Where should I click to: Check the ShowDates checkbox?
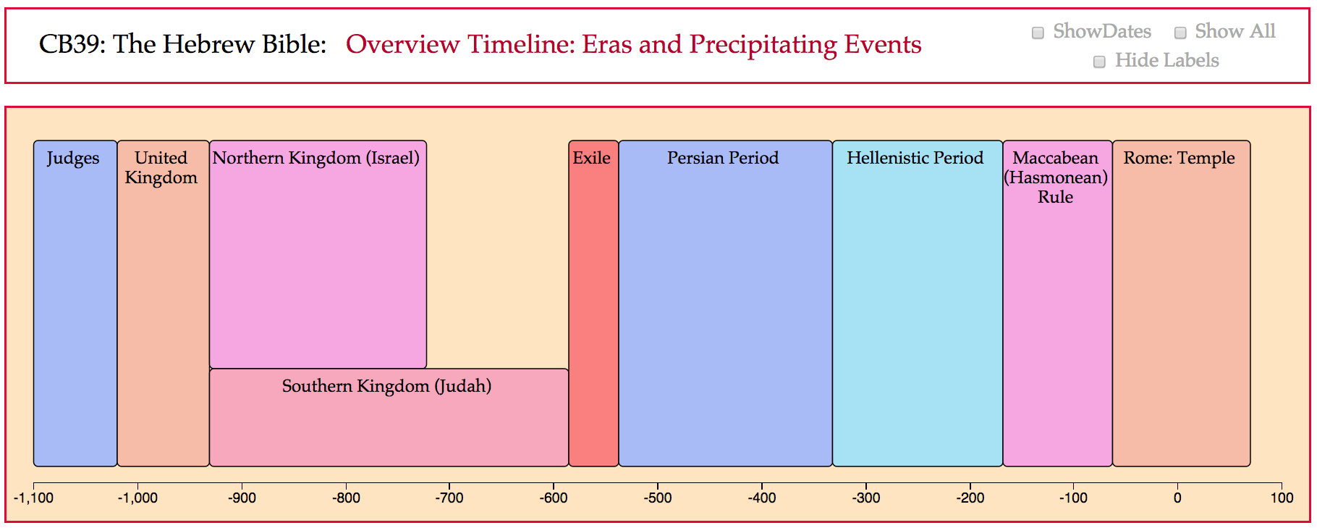coord(1038,33)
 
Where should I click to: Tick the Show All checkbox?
coord(1180,33)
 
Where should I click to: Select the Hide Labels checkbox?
coord(1099,62)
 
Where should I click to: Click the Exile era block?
coord(593,303)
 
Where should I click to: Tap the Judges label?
coord(73,159)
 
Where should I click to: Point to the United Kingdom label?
coord(161,168)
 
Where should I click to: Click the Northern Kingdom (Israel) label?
coord(316,159)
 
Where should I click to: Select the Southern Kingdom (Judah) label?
coord(387,386)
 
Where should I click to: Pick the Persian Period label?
coord(723,158)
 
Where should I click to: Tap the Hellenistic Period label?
coord(915,158)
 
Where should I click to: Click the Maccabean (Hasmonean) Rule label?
coord(1056,177)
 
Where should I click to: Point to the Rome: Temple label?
coord(1180,159)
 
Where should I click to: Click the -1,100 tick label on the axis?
coord(33,498)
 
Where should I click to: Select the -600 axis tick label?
coord(554,498)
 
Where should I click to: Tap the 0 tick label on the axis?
coord(1177,498)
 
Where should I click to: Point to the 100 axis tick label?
coord(1282,498)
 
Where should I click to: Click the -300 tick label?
coord(865,498)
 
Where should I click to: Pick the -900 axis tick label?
coord(242,498)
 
